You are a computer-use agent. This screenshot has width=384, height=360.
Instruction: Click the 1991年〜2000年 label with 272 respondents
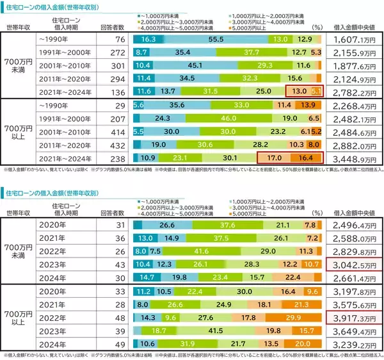click(61, 53)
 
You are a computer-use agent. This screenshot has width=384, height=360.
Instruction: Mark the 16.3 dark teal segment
click(147, 40)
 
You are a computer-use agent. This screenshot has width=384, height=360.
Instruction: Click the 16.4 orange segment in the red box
click(307, 157)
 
